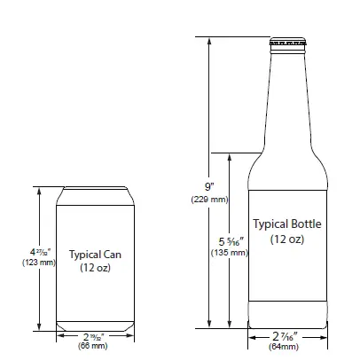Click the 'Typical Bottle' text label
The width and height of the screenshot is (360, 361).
click(287, 224)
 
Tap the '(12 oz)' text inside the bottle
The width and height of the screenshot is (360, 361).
click(287, 239)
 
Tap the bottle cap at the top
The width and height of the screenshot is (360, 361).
click(287, 42)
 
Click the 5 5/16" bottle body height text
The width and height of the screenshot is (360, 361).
click(228, 241)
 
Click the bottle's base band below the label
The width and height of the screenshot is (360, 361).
click(287, 314)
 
